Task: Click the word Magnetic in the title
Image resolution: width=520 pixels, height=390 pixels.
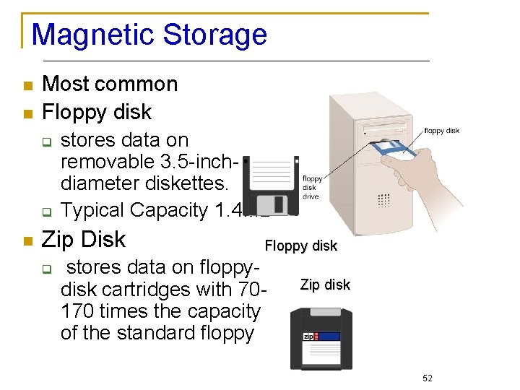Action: tap(93, 35)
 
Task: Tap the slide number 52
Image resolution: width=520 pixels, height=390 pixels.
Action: tap(426, 378)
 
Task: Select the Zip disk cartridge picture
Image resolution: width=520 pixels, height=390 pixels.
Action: tap(321, 339)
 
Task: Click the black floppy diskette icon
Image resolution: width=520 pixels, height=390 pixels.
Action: tap(271, 183)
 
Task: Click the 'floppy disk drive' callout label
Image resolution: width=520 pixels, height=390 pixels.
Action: tap(312, 187)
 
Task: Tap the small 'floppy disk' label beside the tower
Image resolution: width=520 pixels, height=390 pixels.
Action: tap(441, 131)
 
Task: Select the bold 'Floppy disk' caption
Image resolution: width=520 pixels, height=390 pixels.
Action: tap(300, 246)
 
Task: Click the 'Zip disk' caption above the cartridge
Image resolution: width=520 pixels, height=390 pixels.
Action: tap(325, 285)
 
